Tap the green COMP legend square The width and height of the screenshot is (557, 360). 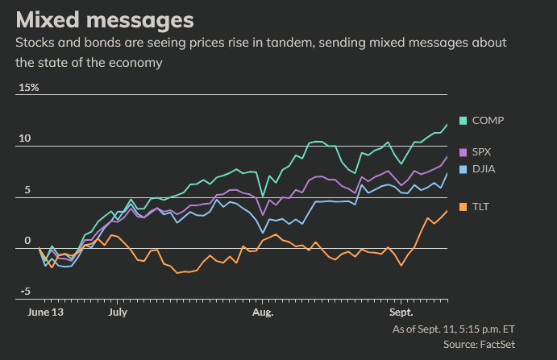(x=463, y=121)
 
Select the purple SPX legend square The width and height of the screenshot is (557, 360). (x=463, y=152)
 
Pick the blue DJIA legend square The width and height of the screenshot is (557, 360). (x=463, y=169)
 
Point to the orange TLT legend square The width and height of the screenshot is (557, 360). (x=463, y=207)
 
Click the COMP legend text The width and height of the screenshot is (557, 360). (x=488, y=121)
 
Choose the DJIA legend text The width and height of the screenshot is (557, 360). (x=484, y=169)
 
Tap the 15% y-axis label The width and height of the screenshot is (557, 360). (x=28, y=87)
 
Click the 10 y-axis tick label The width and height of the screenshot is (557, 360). (x=25, y=139)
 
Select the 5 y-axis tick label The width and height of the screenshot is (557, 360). (x=27, y=190)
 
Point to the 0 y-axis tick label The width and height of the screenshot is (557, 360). (x=27, y=241)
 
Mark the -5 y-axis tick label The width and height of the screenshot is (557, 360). (x=25, y=292)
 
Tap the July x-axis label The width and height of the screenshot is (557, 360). (x=118, y=311)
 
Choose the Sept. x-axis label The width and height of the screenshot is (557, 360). (x=401, y=311)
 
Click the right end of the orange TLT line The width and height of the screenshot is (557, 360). (x=447, y=211)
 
